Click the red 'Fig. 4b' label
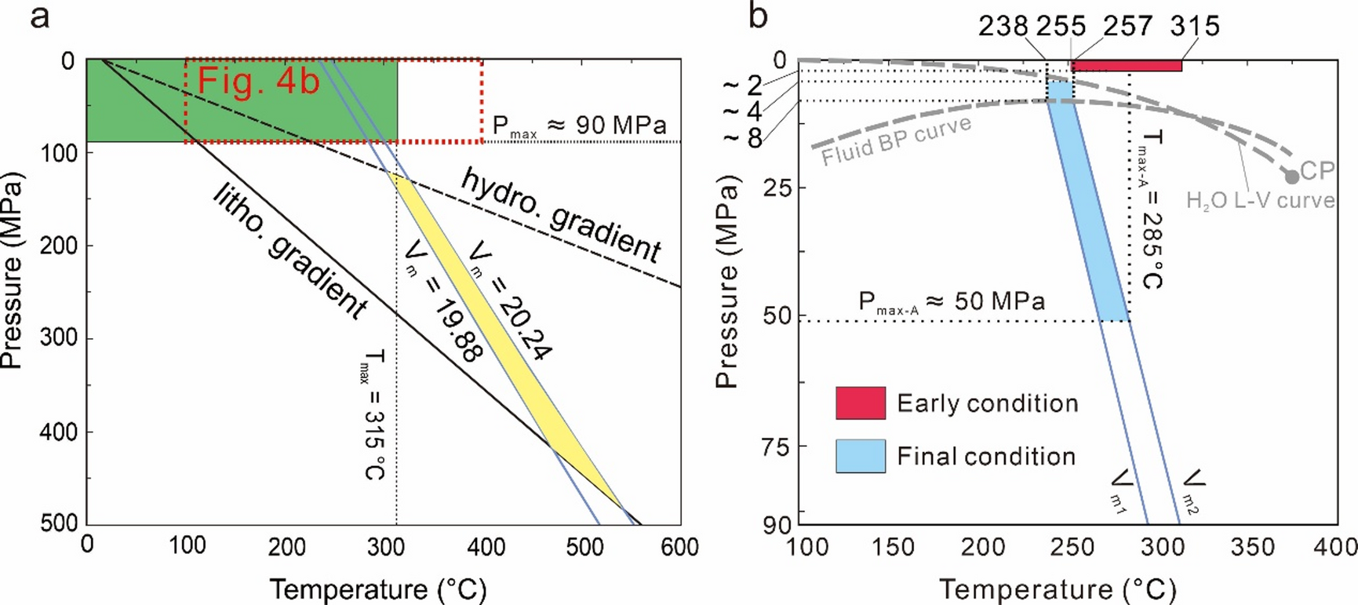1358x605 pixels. (258, 82)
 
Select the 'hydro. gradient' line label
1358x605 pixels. (560, 214)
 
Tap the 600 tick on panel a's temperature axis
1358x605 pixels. (679, 547)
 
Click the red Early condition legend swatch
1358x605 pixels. (861, 403)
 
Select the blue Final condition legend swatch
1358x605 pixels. (861, 456)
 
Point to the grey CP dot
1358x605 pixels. (1291, 177)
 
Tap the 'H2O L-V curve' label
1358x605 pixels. (1260, 201)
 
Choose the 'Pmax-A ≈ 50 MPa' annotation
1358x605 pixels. (952, 302)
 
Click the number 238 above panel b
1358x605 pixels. (1003, 27)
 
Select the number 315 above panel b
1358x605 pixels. (1195, 27)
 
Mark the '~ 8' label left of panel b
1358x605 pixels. (741, 138)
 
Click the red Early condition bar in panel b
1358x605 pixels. (1127, 66)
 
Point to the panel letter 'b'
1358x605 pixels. (758, 16)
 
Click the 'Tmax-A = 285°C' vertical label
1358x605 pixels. (1151, 210)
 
